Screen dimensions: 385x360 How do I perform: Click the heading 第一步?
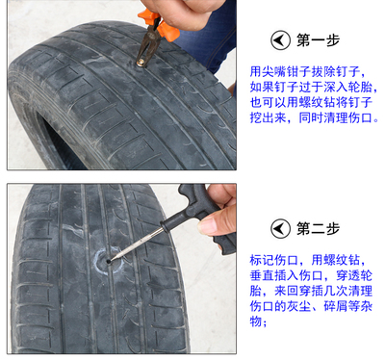click(x=318, y=40)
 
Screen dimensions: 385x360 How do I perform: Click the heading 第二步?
click(x=318, y=228)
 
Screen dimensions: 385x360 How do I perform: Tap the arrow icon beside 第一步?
click(x=280, y=40)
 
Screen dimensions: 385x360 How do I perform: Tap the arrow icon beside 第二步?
click(x=280, y=229)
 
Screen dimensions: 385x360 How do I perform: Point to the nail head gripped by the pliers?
click(x=141, y=64)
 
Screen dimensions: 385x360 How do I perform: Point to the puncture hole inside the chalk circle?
click(x=109, y=262)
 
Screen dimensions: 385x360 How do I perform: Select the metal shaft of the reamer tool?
click(x=138, y=244)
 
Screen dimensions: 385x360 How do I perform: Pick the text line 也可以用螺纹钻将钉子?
click(x=311, y=102)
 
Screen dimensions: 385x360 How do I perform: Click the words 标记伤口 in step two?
click(x=274, y=260)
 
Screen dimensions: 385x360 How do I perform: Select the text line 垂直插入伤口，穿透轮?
click(x=311, y=275)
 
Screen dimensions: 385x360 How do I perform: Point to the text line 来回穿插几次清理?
click(x=323, y=291)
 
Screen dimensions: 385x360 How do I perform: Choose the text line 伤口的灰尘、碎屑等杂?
click(x=311, y=306)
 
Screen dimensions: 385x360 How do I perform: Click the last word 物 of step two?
click(x=256, y=321)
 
